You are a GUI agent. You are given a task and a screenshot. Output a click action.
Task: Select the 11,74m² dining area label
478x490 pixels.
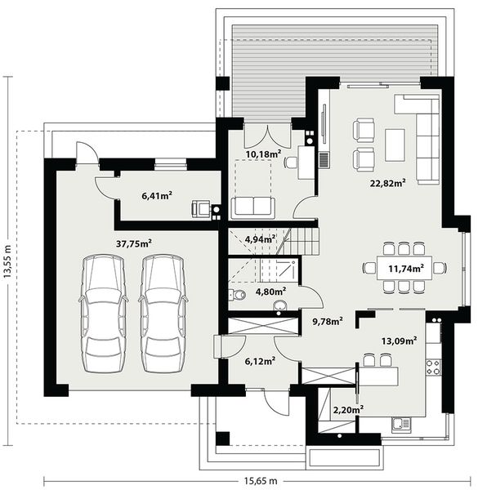[406, 268]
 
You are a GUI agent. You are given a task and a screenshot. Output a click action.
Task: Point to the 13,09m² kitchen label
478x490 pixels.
[400, 341]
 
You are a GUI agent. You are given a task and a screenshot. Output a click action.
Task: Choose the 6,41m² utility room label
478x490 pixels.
[158, 196]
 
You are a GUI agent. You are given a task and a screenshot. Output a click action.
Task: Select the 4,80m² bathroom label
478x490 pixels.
[270, 291]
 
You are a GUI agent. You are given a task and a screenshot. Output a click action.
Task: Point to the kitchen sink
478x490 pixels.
[400, 424]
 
